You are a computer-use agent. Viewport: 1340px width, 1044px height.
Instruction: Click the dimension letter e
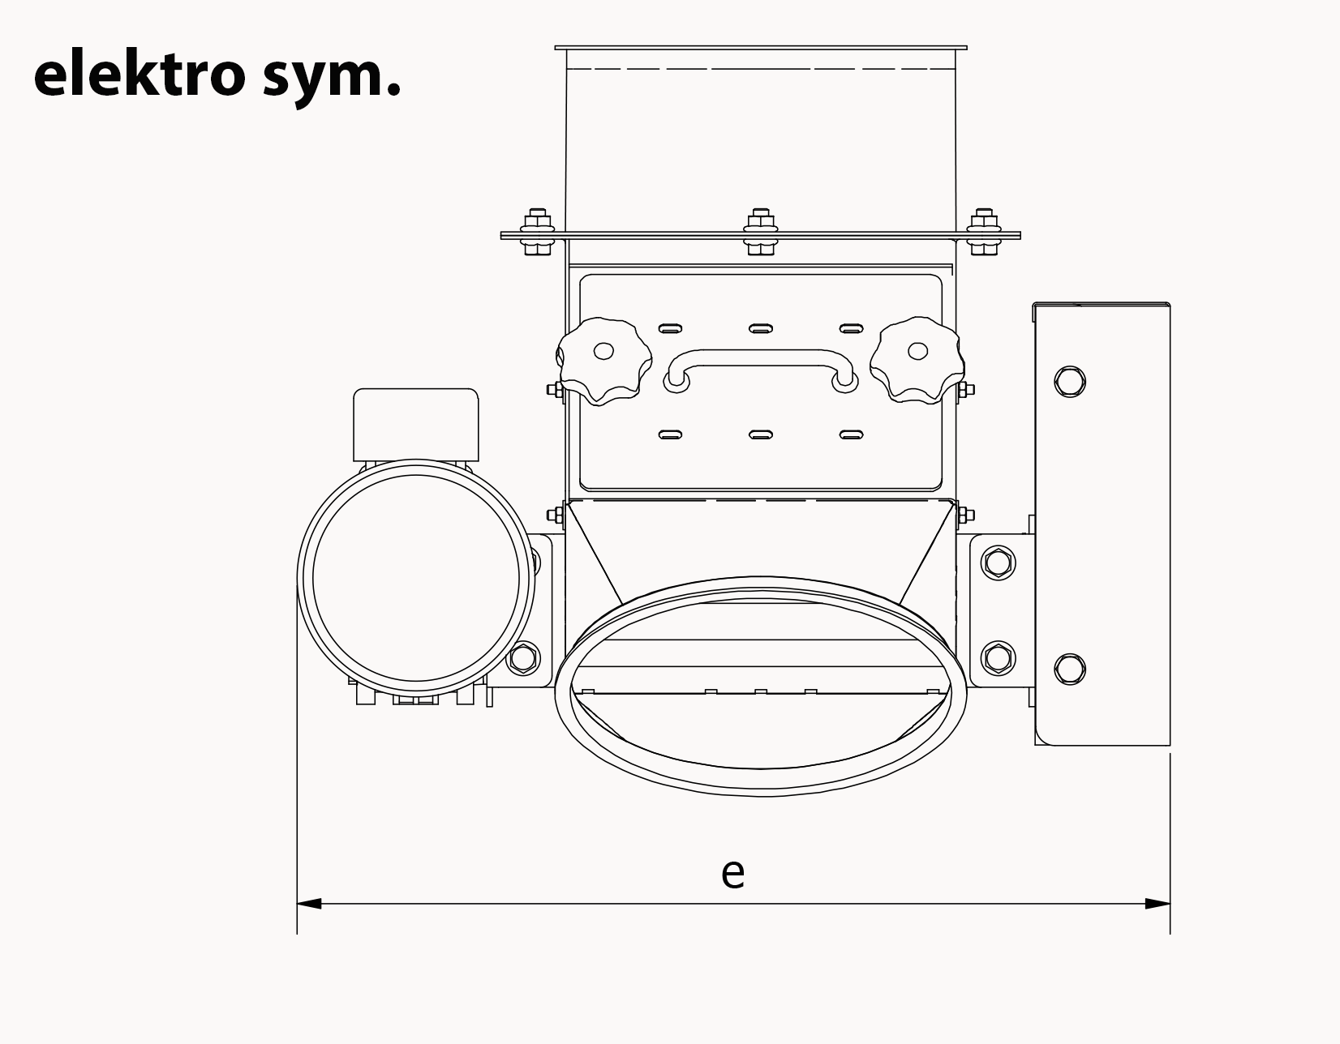tap(732, 873)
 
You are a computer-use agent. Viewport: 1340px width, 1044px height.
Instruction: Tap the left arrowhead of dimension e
tap(310, 903)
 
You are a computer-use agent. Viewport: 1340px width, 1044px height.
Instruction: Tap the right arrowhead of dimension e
tap(1157, 903)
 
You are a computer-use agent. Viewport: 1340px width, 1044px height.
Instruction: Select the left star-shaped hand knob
tap(603, 361)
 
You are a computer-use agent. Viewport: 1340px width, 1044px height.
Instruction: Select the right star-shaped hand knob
tap(917, 361)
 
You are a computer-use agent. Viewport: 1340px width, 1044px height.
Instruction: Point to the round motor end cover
tap(416, 576)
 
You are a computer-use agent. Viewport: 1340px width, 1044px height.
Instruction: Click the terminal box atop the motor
tap(416, 424)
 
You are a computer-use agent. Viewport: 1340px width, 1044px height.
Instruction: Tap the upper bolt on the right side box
tap(1070, 381)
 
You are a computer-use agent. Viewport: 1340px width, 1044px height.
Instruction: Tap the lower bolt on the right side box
tap(1070, 669)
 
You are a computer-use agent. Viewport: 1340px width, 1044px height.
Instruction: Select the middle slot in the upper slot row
tap(760, 328)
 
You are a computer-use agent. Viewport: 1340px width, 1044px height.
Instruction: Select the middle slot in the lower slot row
tap(760, 434)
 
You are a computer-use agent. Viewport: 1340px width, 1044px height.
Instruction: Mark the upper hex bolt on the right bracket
tap(998, 563)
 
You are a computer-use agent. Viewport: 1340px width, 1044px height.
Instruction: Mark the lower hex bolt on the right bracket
tap(998, 657)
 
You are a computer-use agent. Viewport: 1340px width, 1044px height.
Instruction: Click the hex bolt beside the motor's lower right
tap(523, 657)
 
